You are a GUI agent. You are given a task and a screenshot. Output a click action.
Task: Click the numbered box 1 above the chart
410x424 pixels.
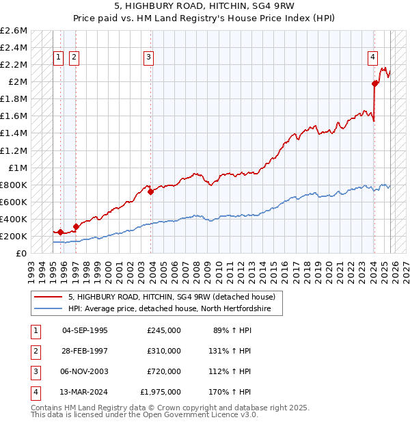[x=58, y=58]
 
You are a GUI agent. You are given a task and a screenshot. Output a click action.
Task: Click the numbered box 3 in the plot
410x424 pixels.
[x=148, y=58]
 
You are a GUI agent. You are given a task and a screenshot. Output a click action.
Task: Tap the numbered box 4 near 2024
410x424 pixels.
[x=373, y=58]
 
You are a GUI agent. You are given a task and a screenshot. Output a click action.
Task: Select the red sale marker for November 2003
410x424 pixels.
[x=151, y=191]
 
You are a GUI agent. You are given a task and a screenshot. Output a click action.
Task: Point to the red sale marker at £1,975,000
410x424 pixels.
[x=375, y=83]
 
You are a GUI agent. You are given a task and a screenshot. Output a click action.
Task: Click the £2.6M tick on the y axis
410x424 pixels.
[x=14, y=31]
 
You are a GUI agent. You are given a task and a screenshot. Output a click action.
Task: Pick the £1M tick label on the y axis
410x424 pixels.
[x=18, y=168]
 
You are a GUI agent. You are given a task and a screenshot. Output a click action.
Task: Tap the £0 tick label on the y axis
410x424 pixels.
[x=22, y=253]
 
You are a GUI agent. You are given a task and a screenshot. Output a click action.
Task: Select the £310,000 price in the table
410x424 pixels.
[x=163, y=351]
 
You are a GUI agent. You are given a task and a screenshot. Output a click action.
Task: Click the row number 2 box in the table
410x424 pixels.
[x=33, y=351]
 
